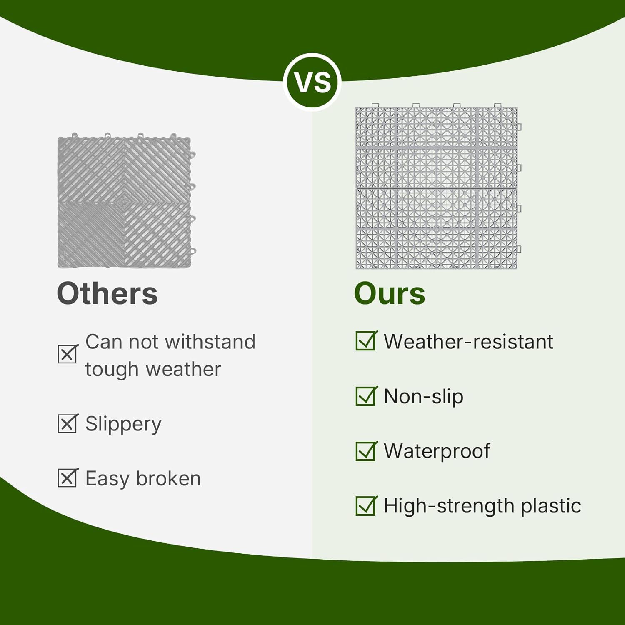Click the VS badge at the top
tap(312, 82)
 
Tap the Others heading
tap(107, 294)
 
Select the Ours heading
tap(390, 294)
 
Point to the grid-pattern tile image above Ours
tap(437, 187)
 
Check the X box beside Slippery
tap(67, 424)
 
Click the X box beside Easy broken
tap(67, 478)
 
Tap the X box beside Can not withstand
tap(67, 354)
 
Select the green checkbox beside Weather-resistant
tap(366, 341)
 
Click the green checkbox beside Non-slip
tap(366, 396)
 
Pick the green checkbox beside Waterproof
tap(366, 451)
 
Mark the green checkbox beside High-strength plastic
tap(366, 506)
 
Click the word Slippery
tap(123, 424)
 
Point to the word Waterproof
tap(437, 451)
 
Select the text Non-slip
tap(423, 396)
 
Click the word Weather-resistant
tap(468, 342)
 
